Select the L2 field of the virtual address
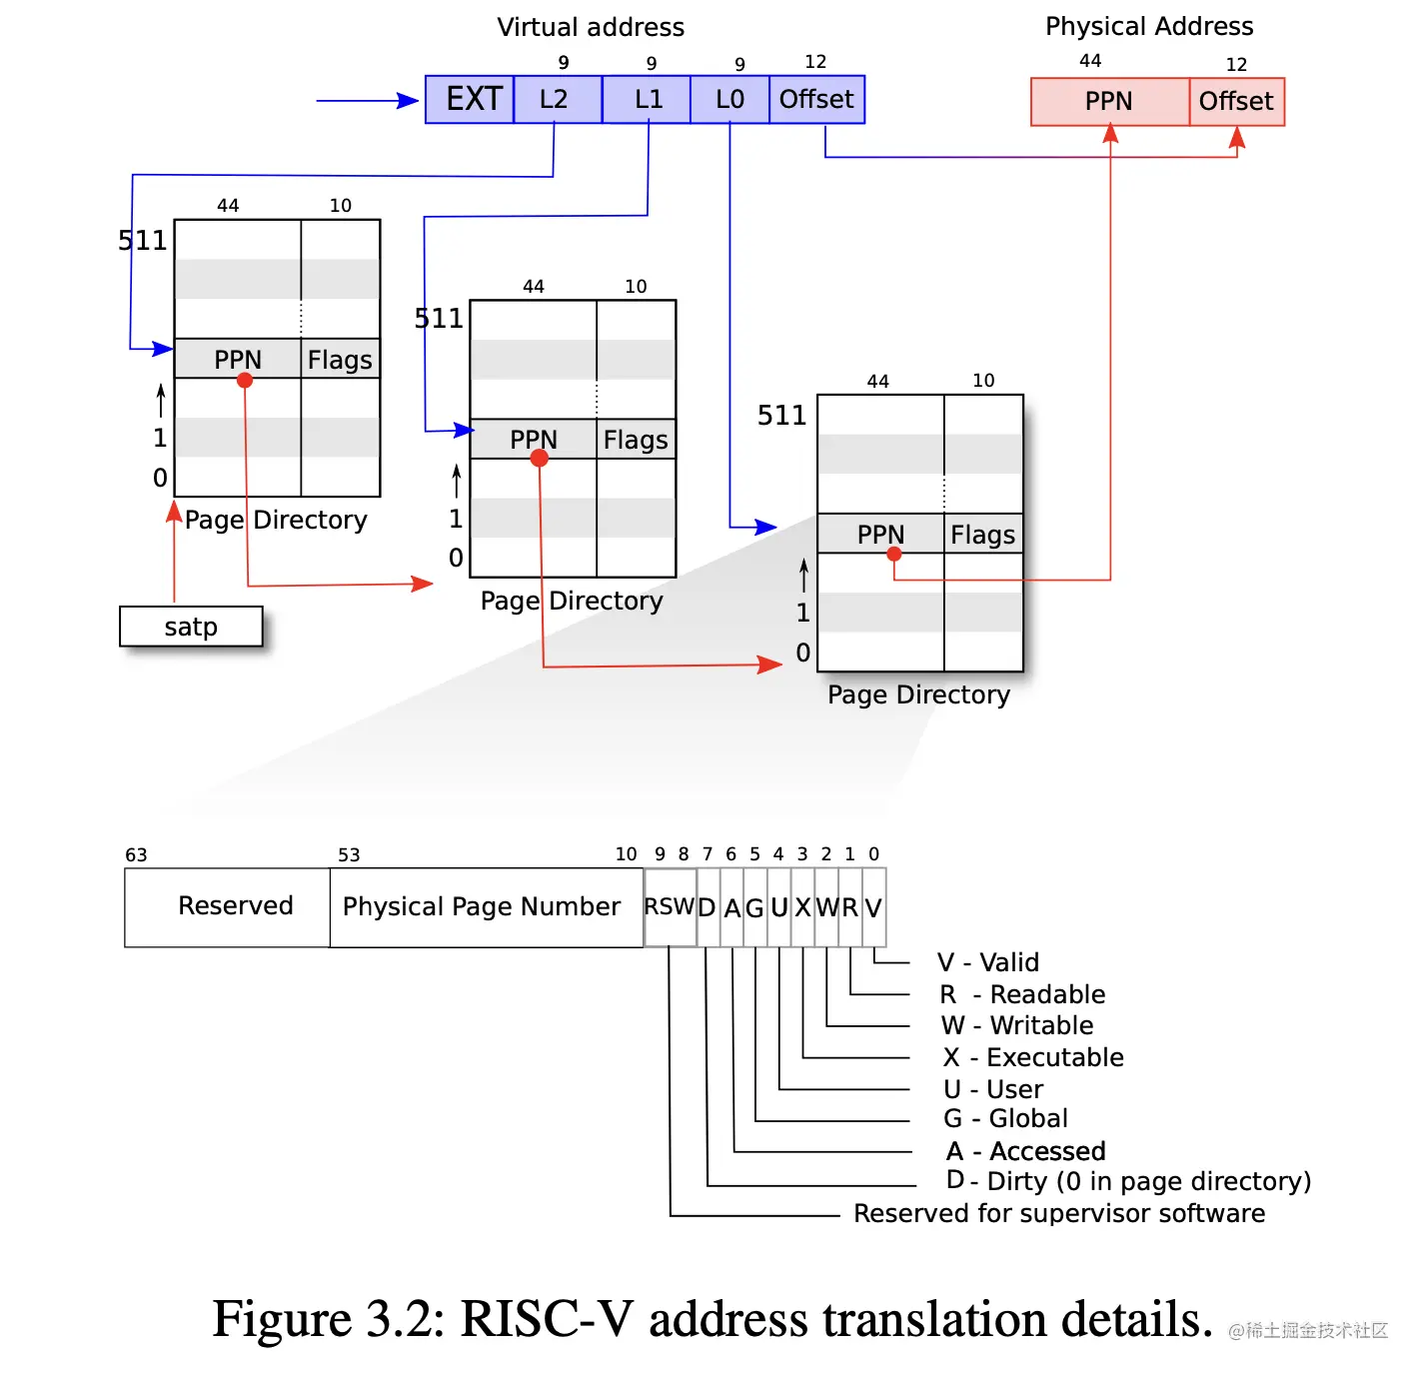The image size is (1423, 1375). pos(557,100)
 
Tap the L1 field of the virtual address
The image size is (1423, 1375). pos(647,100)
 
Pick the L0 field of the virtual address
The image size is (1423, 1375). pos(729,100)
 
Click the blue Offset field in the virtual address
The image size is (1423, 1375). pos(816,100)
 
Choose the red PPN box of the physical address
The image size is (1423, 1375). pos(1109,102)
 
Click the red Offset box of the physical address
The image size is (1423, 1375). pos(1236,102)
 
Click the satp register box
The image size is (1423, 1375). pos(191,627)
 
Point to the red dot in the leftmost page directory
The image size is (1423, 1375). pos(245,380)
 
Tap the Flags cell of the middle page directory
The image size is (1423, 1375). pos(636,440)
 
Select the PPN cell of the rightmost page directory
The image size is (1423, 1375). pos(880,535)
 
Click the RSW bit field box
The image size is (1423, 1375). pos(670,906)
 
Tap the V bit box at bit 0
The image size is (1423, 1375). pos(873,907)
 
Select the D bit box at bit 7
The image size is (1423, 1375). pos(708,907)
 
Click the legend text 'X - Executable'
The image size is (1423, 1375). pos(1033,1057)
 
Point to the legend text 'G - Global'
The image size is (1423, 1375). pos(1006,1119)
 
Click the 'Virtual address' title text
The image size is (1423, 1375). pos(591,27)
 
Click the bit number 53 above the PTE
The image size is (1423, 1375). pos(349,855)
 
